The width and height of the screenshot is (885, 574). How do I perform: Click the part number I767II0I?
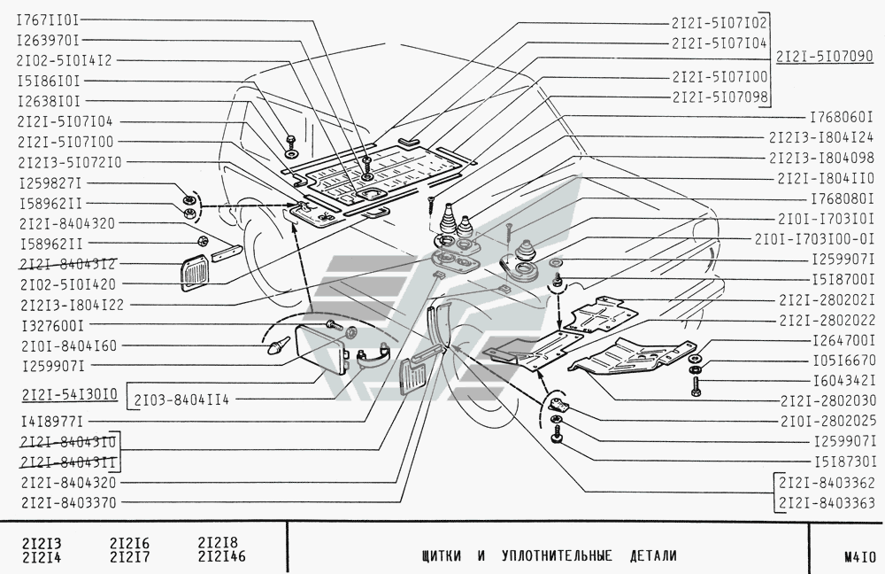point(48,20)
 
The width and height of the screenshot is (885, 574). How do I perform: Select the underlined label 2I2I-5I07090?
point(825,57)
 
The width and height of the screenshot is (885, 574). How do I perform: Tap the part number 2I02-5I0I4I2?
point(65,60)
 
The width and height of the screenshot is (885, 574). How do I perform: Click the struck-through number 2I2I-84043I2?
point(68,264)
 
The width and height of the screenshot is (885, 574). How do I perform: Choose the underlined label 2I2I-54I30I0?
point(70,394)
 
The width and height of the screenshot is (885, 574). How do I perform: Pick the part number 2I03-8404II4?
point(181,400)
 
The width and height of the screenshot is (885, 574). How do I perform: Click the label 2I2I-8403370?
point(68,502)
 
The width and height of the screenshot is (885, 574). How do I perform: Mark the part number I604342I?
point(844,380)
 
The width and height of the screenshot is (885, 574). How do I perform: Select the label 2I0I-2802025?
point(828,421)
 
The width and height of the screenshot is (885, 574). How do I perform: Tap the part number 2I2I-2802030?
point(828,400)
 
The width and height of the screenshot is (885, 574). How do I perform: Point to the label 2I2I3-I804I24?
point(821,137)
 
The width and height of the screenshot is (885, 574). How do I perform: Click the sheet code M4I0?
point(860,556)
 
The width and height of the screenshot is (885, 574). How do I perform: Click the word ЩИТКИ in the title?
point(441,556)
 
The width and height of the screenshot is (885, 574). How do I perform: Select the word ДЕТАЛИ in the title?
point(653,556)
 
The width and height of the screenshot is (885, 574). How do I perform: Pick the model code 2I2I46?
point(222,556)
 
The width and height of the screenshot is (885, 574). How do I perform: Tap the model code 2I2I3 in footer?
point(42,544)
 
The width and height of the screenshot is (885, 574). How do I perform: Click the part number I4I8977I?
point(52,422)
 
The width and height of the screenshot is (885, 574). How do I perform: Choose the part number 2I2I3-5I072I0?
point(69,163)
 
